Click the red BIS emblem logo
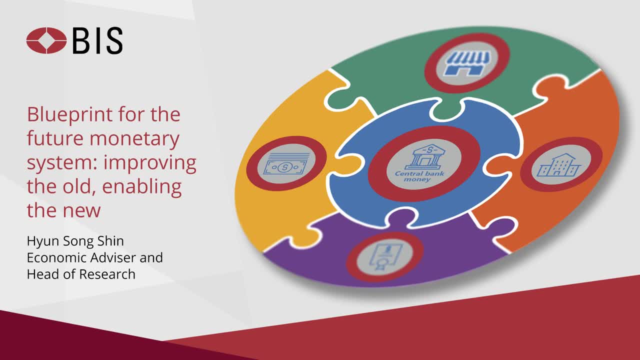click(46, 40)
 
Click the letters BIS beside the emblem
click(97, 40)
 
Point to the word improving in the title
click(149, 163)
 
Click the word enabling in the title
click(141, 187)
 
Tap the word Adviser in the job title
click(113, 257)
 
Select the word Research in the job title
click(107, 274)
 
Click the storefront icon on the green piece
click(468, 62)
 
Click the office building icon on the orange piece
click(558, 165)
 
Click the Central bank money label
click(419, 176)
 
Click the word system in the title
click(62, 163)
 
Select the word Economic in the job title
click(57, 257)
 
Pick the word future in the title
click(56, 138)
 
